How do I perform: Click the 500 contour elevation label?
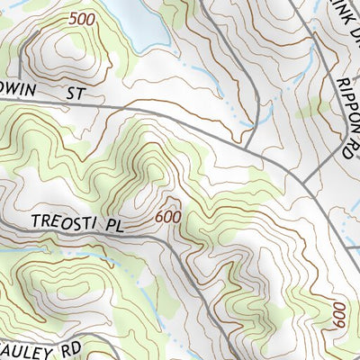pos(80,18)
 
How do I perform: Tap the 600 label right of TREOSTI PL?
pos(167,217)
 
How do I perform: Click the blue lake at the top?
pos(144,22)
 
